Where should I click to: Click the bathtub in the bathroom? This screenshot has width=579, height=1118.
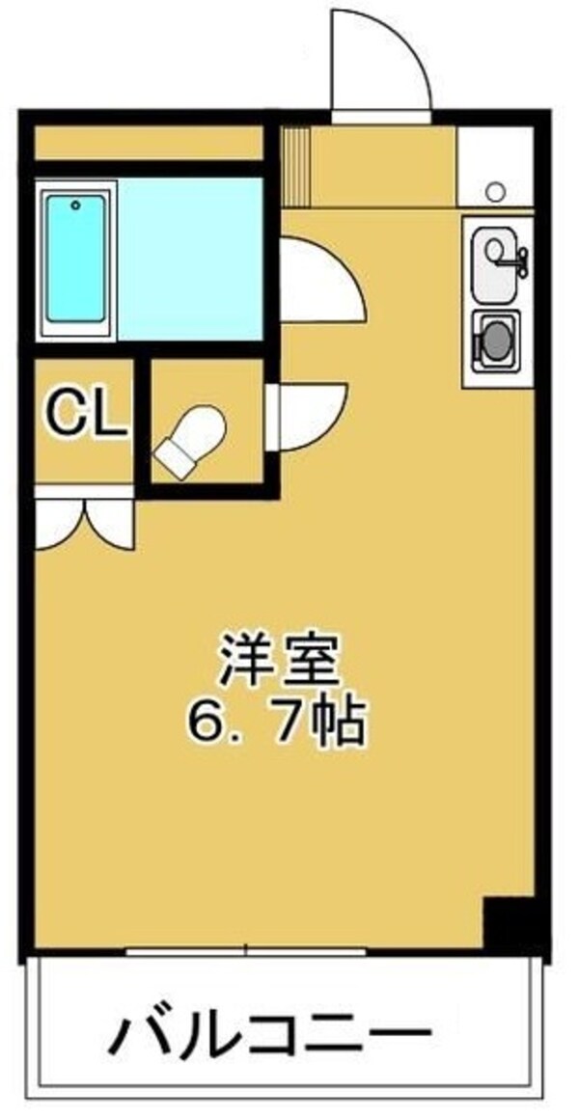[x=75, y=259]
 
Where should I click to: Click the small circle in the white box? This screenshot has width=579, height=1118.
[x=496, y=191]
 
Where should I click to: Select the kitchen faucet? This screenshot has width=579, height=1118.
[x=519, y=256]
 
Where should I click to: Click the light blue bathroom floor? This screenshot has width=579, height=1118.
[x=188, y=259]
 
